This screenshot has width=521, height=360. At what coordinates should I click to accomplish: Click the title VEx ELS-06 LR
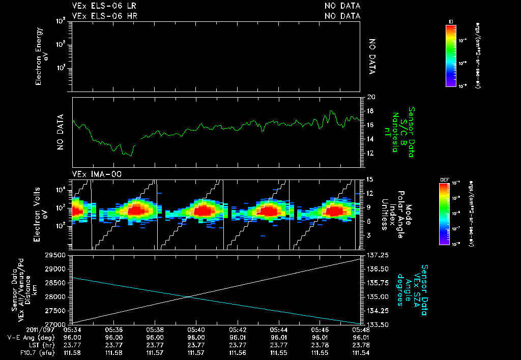[x=104, y=6]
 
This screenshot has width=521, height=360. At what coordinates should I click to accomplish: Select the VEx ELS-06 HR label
[x=104, y=16]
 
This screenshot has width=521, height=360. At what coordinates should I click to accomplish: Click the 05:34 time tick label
[x=72, y=330]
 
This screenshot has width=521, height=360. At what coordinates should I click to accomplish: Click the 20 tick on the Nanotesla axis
[x=371, y=97]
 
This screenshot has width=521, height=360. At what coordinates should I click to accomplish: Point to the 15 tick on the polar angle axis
[x=370, y=179]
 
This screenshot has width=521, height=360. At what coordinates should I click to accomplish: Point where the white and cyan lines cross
[x=188, y=297]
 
